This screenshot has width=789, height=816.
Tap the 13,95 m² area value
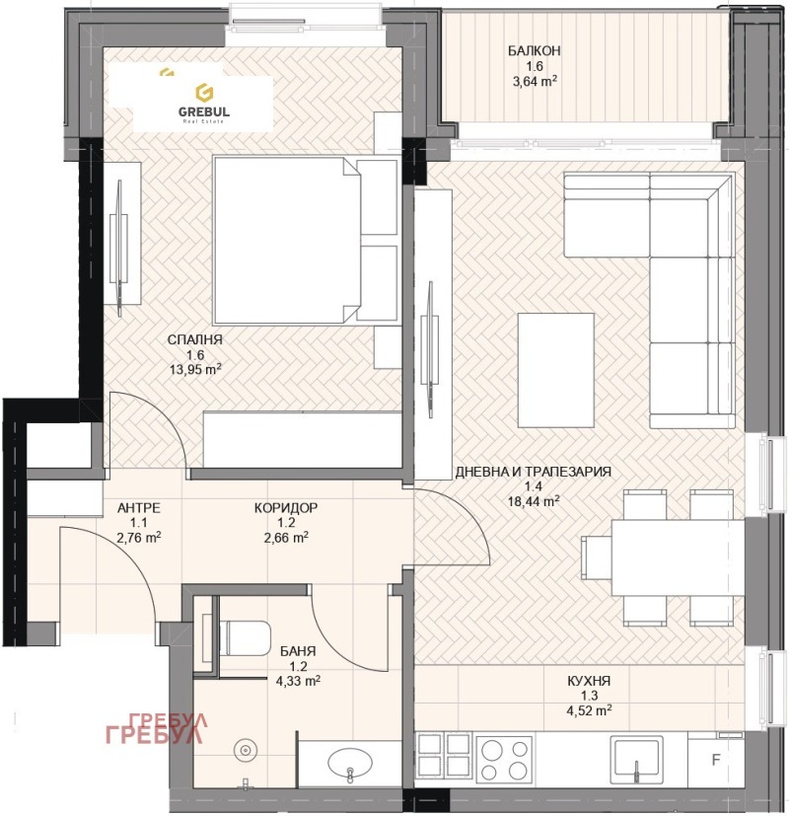pyautogui.click(x=195, y=371)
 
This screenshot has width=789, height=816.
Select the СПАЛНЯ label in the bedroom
pyautogui.click(x=195, y=339)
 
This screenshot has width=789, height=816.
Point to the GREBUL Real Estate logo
pyautogui.click(x=203, y=103)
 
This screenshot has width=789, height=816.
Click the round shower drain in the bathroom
pyautogui.click(x=243, y=751)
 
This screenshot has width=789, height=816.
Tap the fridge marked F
pyautogui.click(x=717, y=759)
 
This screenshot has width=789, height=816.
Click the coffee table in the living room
pyautogui.click(x=556, y=365)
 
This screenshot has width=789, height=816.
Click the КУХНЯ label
pyautogui.click(x=589, y=681)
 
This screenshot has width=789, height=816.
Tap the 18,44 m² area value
pyautogui.click(x=534, y=501)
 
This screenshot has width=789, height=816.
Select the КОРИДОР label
pyautogui.click(x=286, y=507)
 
